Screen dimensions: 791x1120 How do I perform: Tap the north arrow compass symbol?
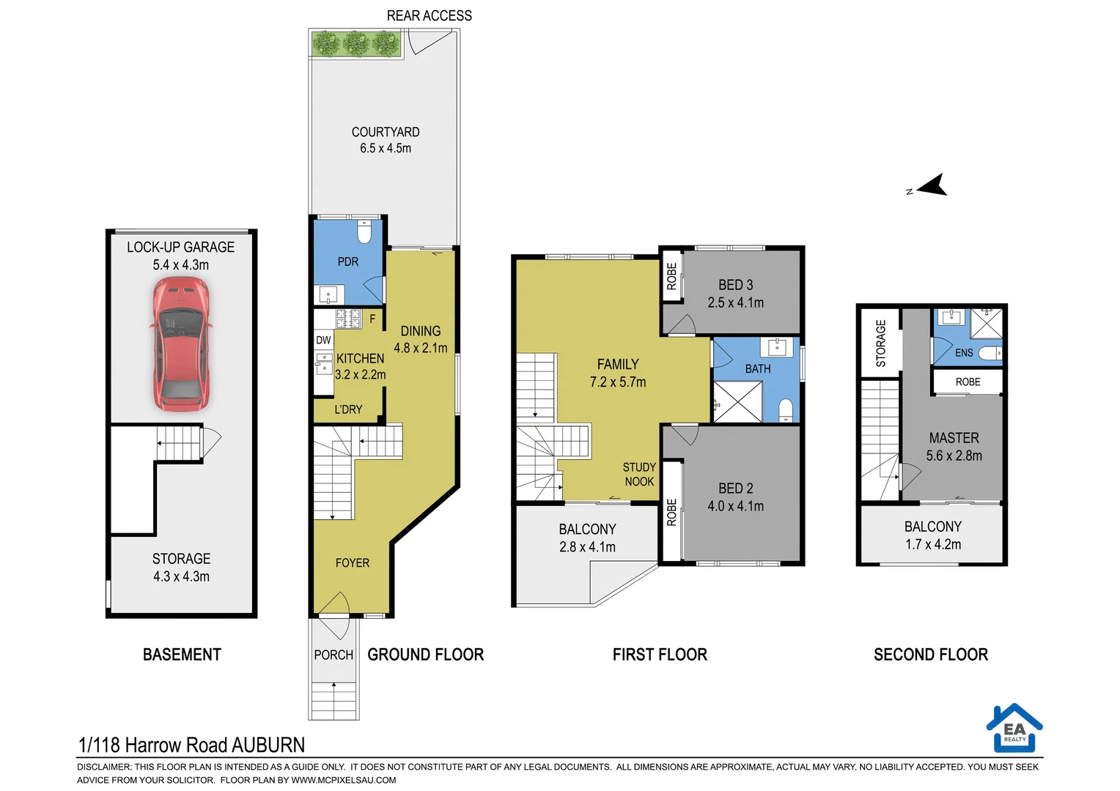929,186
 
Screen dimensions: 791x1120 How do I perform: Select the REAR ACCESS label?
429,15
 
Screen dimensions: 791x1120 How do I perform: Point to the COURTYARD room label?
386,132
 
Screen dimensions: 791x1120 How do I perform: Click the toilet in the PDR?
364,232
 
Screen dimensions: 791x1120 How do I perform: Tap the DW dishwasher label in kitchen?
323,340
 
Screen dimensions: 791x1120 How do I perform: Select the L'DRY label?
348,409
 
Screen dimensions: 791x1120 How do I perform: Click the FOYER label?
352,562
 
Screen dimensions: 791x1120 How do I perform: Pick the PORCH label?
334,655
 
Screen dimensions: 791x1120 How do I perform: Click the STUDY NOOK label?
639,474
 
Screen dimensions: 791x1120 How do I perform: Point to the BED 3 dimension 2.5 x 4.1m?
735,302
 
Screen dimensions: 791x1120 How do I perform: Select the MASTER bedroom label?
954,438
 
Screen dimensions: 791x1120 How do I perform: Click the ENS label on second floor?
964,353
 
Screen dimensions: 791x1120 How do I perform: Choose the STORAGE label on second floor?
880,343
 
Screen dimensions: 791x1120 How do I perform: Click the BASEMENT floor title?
182,655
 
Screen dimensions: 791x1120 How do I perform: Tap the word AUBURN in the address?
268,745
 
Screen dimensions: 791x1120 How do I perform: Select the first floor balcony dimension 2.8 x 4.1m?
587,546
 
